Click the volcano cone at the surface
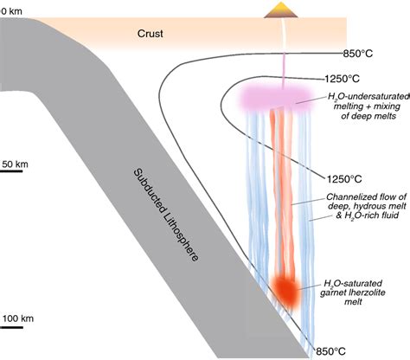279,10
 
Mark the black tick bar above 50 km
11,171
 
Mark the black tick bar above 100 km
11,330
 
